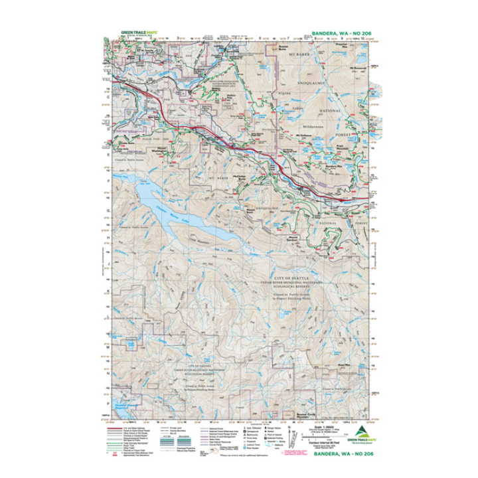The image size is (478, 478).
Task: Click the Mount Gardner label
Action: pos(286,239)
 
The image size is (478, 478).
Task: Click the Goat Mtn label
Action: pos(343,365)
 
